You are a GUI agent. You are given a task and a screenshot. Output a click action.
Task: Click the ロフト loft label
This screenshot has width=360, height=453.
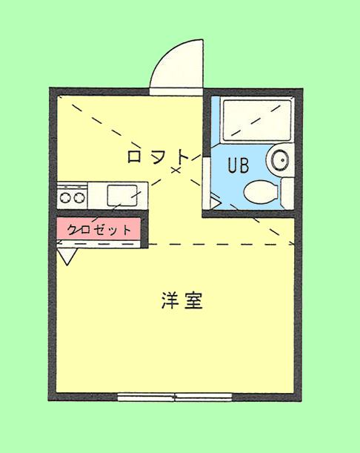(158, 156)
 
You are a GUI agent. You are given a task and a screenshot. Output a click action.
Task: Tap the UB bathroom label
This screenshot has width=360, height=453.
(239, 165)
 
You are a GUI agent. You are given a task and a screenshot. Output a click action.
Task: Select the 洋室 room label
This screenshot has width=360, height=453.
(182, 300)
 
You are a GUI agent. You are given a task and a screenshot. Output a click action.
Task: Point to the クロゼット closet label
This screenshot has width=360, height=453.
(99, 230)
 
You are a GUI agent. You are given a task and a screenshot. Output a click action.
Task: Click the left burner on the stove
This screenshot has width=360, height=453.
(65, 198)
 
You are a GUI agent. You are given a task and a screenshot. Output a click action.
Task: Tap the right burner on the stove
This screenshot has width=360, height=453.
(79, 198)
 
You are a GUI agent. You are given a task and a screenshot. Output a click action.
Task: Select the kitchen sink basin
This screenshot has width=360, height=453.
(122, 195)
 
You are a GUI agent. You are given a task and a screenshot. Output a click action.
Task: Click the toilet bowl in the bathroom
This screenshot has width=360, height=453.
(261, 191)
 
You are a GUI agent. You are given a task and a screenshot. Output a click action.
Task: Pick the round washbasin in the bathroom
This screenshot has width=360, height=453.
(279, 159)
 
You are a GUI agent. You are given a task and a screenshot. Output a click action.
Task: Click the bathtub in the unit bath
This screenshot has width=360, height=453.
(257, 119)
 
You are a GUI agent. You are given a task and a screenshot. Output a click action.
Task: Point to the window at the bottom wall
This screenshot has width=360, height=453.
(175, 397)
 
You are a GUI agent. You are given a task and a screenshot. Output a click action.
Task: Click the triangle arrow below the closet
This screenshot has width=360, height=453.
(67, 257)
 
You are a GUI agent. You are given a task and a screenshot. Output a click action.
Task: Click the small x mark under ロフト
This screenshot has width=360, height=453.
(176, 171)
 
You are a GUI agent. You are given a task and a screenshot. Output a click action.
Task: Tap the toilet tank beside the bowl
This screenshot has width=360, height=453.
(287, 193)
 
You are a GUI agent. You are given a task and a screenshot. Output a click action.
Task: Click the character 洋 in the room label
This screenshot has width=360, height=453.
(170, 300)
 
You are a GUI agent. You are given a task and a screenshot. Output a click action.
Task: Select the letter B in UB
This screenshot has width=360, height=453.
(244, 165)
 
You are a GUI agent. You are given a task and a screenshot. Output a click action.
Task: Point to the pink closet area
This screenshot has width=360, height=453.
(99, 229)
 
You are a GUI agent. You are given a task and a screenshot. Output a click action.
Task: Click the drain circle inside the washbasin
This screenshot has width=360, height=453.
(281, 159)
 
